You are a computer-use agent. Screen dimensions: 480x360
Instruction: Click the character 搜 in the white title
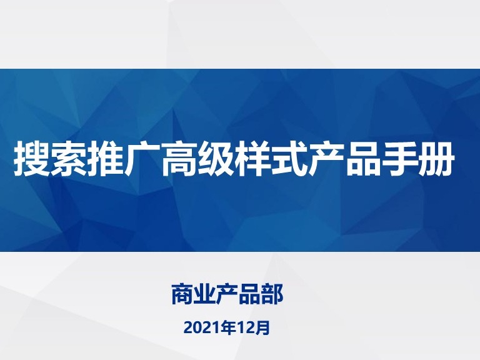[x=31, y=158]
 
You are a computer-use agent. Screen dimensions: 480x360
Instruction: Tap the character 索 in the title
[x=69, y=158]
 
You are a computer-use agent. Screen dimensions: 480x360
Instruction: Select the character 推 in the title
[x=105, y=158]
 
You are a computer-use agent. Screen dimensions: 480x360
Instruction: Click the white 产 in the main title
[x=326, y=158]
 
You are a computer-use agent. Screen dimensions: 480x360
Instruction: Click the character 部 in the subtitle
[x=272, y=294]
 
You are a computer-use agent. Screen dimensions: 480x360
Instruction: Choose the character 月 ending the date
[x=262, y=328]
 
